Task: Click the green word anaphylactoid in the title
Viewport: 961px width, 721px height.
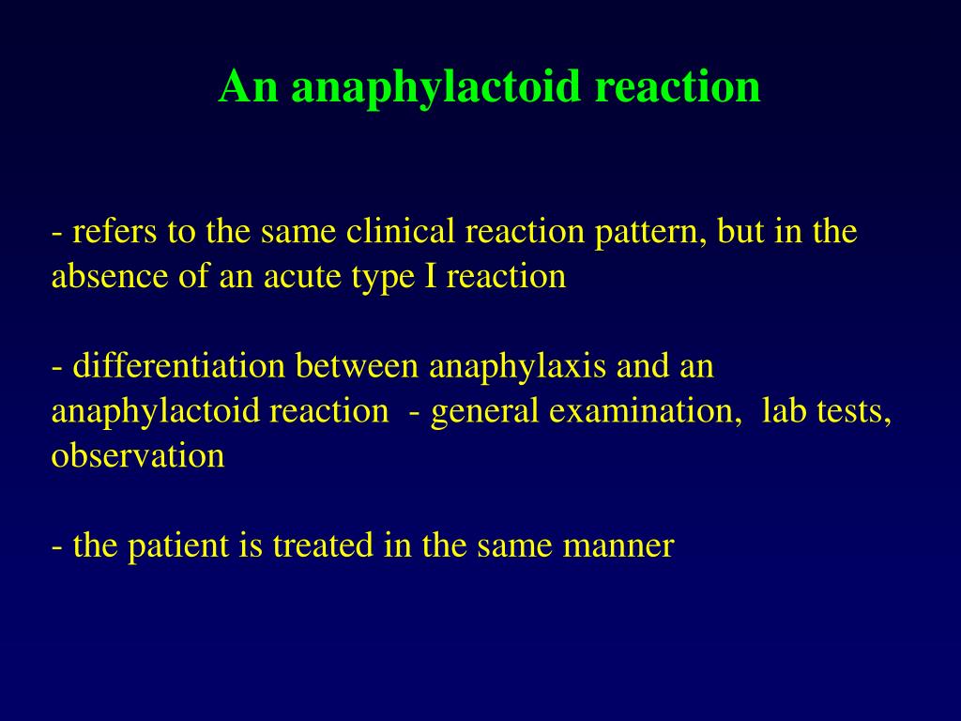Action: [x=435, y=87]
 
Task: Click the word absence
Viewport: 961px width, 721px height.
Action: [x=110, y=276]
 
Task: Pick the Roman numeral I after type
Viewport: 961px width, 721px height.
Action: [x=431, y=276]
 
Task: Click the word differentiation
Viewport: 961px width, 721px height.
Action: [x=179, y=365]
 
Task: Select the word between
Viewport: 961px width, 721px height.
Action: [x=357, y=365]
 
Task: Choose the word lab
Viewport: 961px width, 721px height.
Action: [x=784, y=410]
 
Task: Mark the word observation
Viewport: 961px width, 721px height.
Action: [x=138, y=455]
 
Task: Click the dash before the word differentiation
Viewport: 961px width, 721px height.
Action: [x=57, y=368]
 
